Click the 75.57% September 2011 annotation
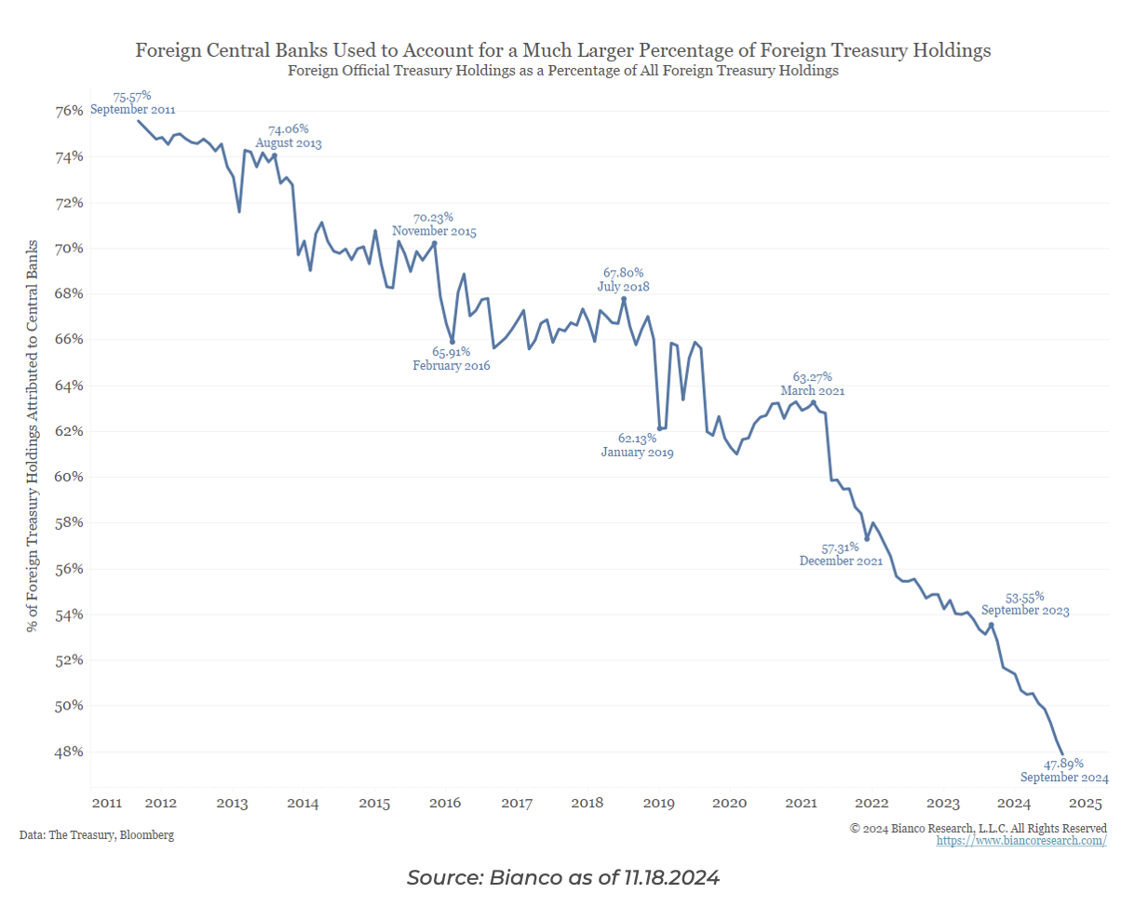pos(131,102)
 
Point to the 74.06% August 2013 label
pos(288,136)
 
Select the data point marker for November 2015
pos(435,243)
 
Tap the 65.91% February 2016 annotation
pos(451,359)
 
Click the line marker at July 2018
pos(624,299)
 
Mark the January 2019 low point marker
pos(659,428)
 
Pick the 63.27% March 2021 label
pos(812,384)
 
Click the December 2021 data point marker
pos(867,539)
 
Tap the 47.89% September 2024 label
pos(1064,770)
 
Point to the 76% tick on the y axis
pos(71,111)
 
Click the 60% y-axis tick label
pos(71,477)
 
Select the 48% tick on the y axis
pos(71,751)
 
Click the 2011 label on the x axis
pos(106,803)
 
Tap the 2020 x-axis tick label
pos(730,803)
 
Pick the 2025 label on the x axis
pos(1086,803)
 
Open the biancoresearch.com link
pos(1021,841)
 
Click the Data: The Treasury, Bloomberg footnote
pos(96,835)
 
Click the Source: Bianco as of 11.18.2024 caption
pos(563,877)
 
